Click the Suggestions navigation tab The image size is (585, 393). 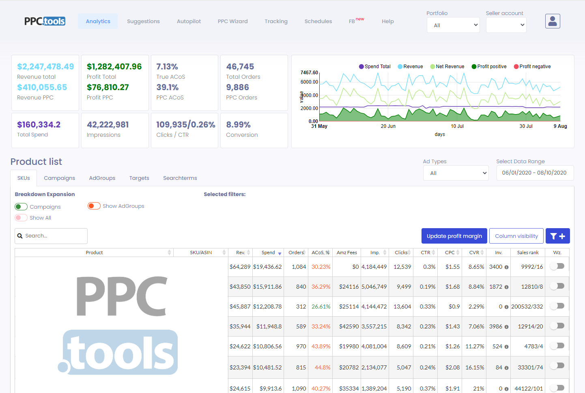coord(143,22)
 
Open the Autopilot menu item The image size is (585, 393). coord(189,22)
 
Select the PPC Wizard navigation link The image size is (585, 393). coord(232,22)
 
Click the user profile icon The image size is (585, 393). coord(553,21)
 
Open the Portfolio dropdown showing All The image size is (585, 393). coord(453,25)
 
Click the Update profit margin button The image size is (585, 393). coord(454,236)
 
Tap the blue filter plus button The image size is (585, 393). coord(557,236)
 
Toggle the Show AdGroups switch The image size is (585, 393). coord(94,206)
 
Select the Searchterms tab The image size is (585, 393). coord(180,178)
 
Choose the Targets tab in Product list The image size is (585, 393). coord(139,178)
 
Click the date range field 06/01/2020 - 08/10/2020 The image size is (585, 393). coord(534,173)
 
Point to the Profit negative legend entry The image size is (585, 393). coord(532,67)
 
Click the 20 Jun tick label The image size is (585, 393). coord(388,126)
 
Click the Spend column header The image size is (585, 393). coord(268,253)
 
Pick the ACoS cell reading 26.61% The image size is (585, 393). coord(321,307)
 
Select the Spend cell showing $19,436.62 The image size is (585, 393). coord(267,267)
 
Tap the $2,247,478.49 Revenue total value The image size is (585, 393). coord(45,67)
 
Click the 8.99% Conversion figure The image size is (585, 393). coord(238,125)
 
